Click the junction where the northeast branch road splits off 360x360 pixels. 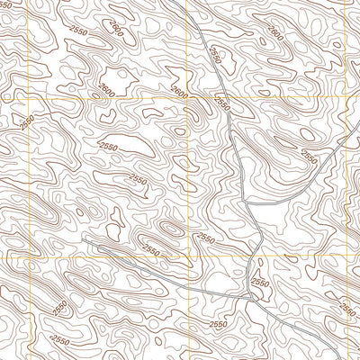pyautogui.click(x=247, y=205)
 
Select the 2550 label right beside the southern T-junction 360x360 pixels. pyautogui.click(x=259, y=283)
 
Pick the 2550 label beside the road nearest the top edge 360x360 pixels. pyautogui.click(x=213, y=55)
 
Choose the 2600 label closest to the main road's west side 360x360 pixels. pyautogui.click(x=180, y=94)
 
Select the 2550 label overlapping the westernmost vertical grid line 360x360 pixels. pyautogui.click(x=29, y=120)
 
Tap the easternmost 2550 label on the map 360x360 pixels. pyautogui.click(x=347, y=309)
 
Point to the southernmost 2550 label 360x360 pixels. pyautogui.click(x=60, y=340)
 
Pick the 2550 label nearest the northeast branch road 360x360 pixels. pyautogui.click(x=308, y=156)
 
